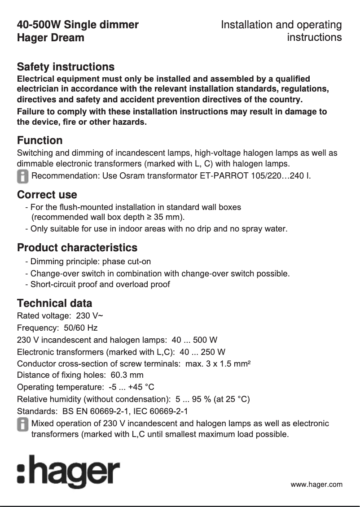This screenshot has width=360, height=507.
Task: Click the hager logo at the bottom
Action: click(x=68, y=472)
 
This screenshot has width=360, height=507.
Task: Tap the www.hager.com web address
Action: click(x=316, y=485)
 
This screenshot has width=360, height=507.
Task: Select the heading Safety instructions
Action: click(x=66, y=67)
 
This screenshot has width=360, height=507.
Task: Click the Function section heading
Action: click(x=40, y=140)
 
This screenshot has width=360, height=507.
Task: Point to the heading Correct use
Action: click(x=47, y=195)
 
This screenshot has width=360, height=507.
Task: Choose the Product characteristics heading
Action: click(x=77, y=248)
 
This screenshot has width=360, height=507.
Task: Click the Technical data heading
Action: click(x=54, y=303)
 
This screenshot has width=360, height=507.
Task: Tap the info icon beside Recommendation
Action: click(x=22, y=175)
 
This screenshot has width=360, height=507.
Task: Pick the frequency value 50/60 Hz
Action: click(x=81, y=328)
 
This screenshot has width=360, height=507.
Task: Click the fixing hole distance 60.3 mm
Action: click(x=127, y=375)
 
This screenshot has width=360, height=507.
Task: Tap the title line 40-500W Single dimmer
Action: click(x=78, y=25)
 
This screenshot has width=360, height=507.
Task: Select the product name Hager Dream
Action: click(x=50, y=38)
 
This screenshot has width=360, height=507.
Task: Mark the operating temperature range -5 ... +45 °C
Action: click(x=128, y=387)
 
